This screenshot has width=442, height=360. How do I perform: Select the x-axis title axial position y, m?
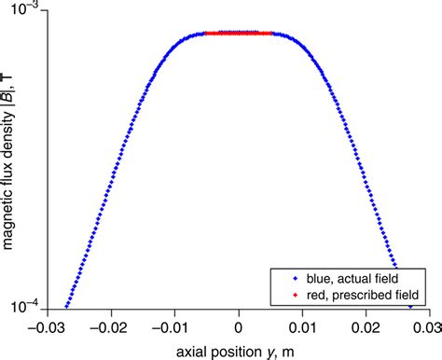click(239, 347)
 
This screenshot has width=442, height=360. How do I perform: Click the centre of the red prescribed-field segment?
click(239, 34)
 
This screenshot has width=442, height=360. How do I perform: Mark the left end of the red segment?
click(206, 34)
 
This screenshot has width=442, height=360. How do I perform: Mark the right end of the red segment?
click(271, 34)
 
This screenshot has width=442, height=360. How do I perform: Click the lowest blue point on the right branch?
click(410, 305)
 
